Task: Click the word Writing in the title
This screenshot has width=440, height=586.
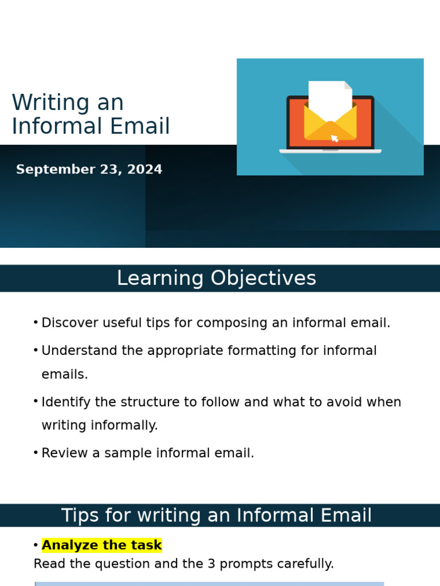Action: coord(44,104)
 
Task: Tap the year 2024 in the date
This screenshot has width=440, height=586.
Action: coord(146,170)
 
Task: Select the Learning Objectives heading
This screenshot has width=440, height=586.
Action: coord(217,279)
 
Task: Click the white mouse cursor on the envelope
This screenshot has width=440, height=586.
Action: coord(335,138)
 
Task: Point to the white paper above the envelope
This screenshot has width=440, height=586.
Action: coord(329,97)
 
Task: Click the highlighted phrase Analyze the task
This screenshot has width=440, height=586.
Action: coord(102,545)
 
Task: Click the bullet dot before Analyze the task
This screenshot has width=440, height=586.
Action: coord(36,545)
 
